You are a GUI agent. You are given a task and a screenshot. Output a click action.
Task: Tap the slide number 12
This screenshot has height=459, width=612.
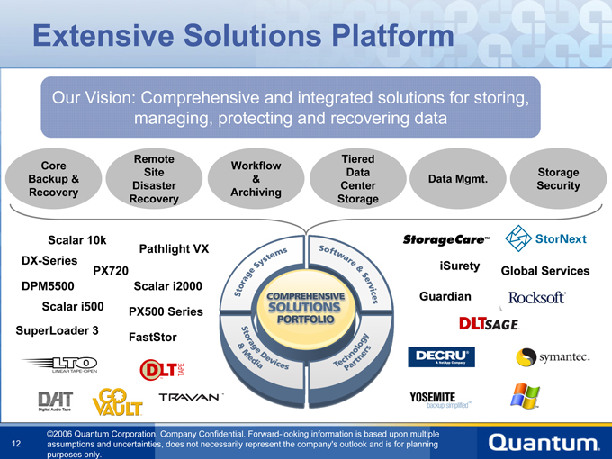click(x=17, y=443)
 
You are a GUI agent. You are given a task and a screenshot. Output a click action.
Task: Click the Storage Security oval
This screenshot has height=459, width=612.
click(x=557, y=179)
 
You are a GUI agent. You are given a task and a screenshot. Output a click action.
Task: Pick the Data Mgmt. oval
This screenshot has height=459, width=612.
click(x=458, y=179)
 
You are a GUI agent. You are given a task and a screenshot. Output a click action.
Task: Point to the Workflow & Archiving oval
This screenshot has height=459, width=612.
click(x=256, y=179)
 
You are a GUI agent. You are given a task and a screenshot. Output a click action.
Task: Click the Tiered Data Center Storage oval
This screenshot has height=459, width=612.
click(x=358, y=178)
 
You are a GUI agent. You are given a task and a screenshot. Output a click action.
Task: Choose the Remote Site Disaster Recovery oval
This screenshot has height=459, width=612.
click(x=154, y=178)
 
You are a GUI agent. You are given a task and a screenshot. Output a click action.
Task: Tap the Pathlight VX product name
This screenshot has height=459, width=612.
click(x=174, y=248)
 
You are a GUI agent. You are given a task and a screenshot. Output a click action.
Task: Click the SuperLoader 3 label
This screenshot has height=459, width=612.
click(x=57, y=330)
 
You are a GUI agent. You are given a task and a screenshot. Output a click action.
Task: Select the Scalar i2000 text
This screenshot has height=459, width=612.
click(x=167, y=286)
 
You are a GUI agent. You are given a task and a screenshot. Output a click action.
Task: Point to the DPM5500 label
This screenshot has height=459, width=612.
click(x=47, y=286)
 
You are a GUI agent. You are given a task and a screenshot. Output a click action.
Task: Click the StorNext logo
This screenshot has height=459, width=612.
click(x=546, y=239)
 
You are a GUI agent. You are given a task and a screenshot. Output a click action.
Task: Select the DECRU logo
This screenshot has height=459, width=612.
click(x=440, y=357)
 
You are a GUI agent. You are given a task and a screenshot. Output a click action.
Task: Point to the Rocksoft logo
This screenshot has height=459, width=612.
click(x=536, y=298)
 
